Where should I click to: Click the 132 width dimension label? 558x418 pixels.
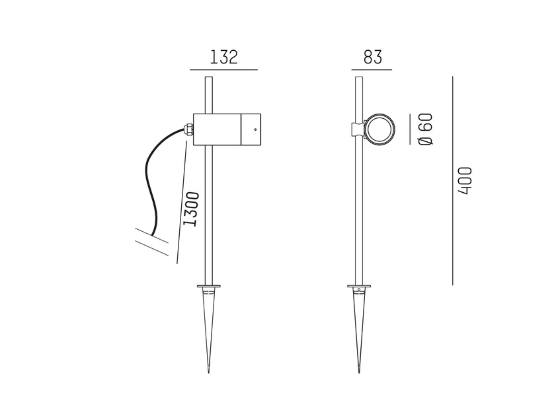tap(223, 57)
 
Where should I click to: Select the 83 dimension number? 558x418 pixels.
tap(373, 57)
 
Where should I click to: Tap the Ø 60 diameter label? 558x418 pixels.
tap(426, 129)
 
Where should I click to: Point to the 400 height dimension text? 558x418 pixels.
tap(465, 180)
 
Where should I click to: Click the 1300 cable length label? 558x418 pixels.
tap(191, 209)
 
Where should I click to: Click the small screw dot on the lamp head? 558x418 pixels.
tap(255, 129)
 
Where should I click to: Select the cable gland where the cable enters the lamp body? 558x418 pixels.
tap(188, 129)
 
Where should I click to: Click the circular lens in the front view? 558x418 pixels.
tap(379, 129)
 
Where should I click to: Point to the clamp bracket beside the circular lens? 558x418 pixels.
tap(358, 129)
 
